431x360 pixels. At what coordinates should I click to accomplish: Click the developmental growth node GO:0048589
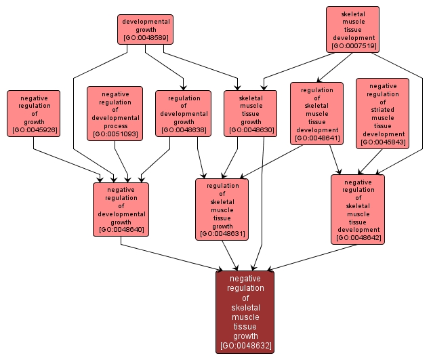(x=145, y=29)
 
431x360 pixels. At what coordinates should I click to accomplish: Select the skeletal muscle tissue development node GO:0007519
(x=352, y=29)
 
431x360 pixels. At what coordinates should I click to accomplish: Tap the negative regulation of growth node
(x=35, y=113)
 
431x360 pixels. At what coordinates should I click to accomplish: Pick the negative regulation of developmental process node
(x=115, y=113)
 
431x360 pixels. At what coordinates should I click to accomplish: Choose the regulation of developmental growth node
(x=183, y=113)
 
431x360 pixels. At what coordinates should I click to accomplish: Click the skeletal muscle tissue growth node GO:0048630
(x=250, y=113)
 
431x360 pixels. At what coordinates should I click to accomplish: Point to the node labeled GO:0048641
(x=316, y=113)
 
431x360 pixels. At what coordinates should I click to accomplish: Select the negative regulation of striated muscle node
(x=382, y=113)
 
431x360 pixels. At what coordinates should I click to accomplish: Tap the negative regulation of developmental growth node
(x=121, y=209)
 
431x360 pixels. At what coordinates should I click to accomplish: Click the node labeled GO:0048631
(x=222, y=209)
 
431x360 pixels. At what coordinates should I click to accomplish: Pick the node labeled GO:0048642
(x=358, y=209)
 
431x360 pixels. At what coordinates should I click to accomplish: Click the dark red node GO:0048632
(x=245, y=312)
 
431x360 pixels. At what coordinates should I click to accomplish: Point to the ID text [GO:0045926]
(x=35, y=130)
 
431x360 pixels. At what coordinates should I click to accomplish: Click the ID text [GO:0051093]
(x=115, y=134)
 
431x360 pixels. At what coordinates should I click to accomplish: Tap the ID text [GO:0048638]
(x=183, y=130)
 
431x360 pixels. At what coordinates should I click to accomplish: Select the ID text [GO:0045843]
(x=382, y=142)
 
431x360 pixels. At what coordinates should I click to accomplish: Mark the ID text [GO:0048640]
(x=121, y=230)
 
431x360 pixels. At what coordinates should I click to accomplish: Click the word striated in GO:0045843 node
(x=382, y=110)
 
